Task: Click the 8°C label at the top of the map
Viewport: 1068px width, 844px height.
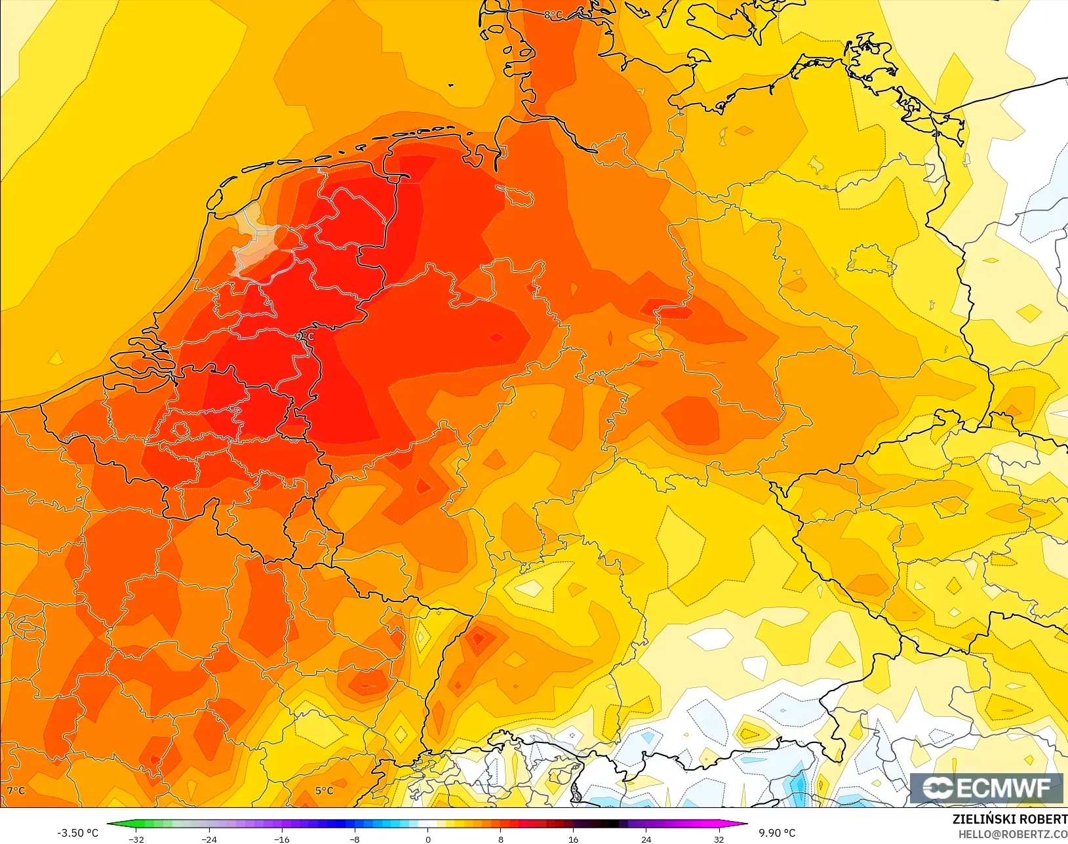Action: [x=553, y=14]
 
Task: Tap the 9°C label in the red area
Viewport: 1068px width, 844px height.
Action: [x=305, y=336]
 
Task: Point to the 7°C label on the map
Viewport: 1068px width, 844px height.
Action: [x=16, y=791]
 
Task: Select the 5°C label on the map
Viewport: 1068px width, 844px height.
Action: [x=325, y=791]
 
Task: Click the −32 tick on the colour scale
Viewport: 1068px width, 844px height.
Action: [x=136, y=839]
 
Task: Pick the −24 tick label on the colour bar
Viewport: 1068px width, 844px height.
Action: [x=209, y=839]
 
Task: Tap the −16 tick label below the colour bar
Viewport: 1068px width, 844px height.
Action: [x=282, y=839]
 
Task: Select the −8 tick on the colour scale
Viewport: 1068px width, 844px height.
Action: [x=355, y=839]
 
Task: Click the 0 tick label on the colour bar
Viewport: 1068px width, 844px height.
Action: [x=428, y=839]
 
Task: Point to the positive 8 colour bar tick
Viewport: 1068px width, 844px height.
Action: [x=501, y=839]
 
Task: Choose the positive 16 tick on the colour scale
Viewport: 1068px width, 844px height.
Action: [x=574, y=839]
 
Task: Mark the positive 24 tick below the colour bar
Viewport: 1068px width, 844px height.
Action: [x=646, y=839]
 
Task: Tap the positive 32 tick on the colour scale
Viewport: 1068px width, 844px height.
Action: [x=719, y=839]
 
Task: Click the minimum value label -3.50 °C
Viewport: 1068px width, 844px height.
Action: [x=77, y=833]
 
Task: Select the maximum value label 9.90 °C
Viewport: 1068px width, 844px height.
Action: [x=777, y=833]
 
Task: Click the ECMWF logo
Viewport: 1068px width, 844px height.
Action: [x=986, y=788]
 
